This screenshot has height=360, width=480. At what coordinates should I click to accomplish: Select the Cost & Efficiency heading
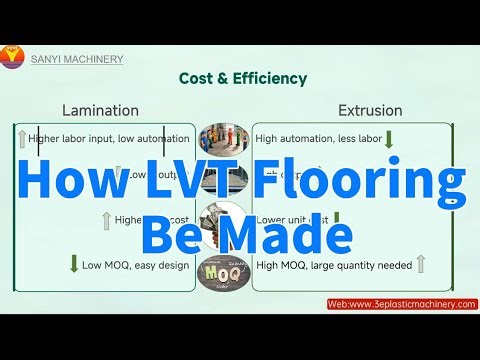[242, 78]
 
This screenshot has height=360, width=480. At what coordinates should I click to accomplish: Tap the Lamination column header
[101, 110]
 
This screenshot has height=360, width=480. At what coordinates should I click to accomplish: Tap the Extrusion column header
[371, 110]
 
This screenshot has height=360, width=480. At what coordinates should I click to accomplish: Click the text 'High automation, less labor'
[315, 139]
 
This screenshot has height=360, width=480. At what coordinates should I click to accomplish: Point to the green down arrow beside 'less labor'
[388, 139]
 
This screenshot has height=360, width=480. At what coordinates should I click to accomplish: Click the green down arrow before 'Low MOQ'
[74, 264]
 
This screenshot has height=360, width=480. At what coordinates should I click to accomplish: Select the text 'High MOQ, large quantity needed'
[333, 264]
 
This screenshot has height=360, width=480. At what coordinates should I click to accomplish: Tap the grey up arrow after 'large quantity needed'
[421, 264]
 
